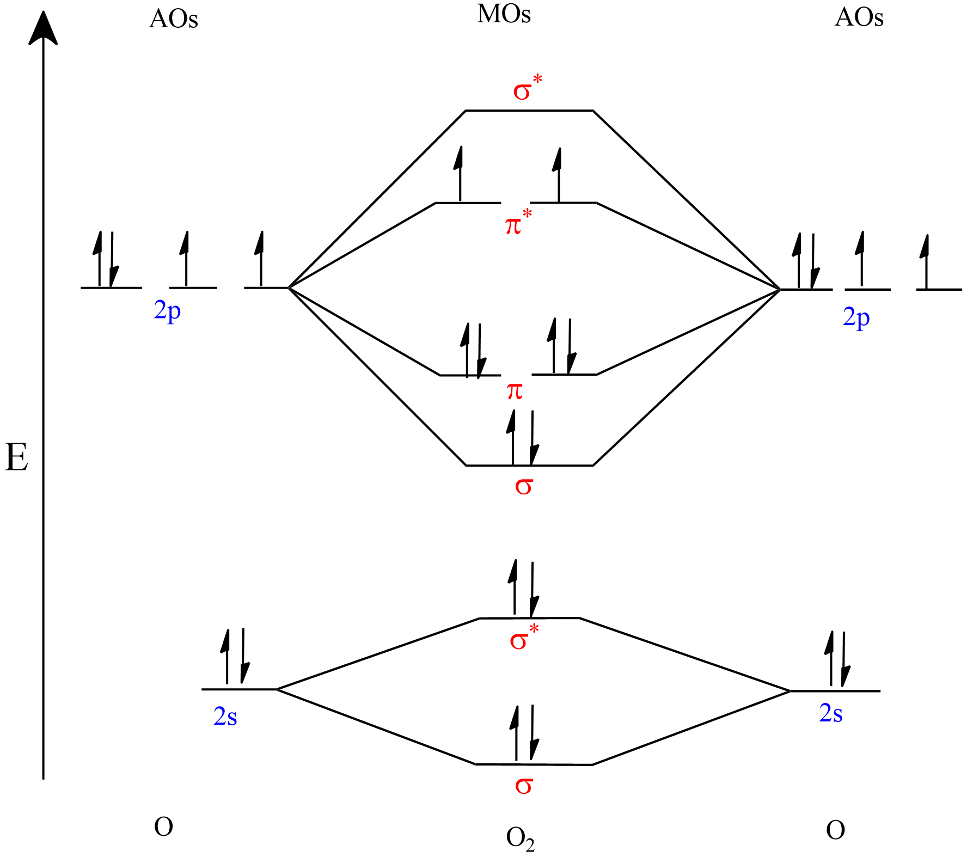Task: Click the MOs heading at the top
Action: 504,14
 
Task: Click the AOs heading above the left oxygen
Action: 173,19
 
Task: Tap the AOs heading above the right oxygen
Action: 859,17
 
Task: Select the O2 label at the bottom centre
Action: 520,839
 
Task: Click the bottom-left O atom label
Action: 163,827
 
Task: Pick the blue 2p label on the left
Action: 167,311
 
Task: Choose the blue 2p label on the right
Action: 856,317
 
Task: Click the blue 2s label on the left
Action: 225,717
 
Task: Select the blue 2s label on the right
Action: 830,713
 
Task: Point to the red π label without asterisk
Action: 515,391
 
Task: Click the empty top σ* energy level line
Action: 529,111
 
